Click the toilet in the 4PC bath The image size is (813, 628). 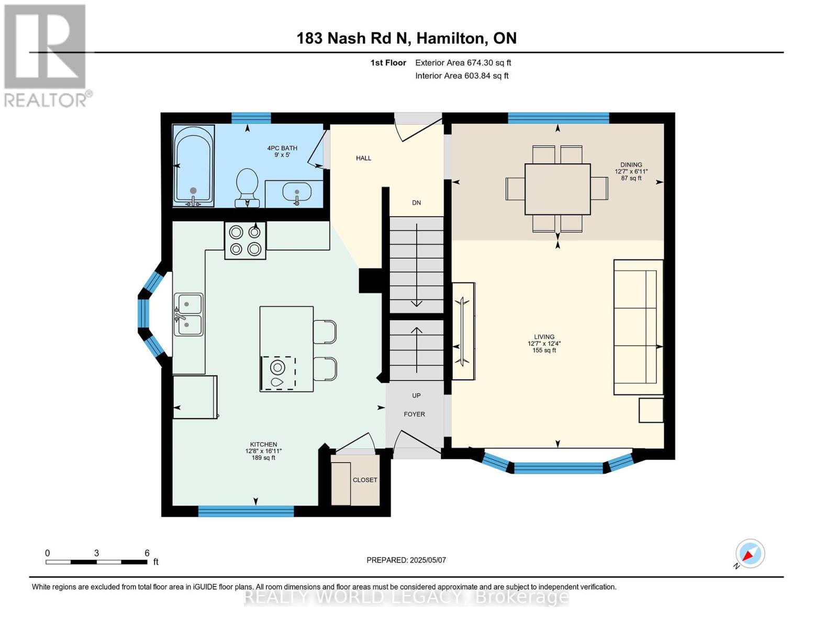[x=247, y=187]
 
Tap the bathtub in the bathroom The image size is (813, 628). [x=193, y=166]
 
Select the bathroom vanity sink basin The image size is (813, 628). [x=297, y=192]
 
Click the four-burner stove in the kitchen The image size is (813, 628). [x=245, y=241]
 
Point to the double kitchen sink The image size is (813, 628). [x=188, y=314]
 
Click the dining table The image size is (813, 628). [x=558, y=189]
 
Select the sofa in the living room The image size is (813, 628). [x=638, y=327]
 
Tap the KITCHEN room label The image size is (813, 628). [x=264, y=444]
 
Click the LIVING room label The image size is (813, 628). [x=544, y=337]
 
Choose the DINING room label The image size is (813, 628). [x=631, y=164]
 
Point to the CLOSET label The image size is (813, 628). [x=365, y=480]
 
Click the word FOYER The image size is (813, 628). [x=414, y=414]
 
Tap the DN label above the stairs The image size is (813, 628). [x=416, y=203]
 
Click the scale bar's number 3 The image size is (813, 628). [x=96, y=553]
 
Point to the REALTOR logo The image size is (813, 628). [x=47, y=56]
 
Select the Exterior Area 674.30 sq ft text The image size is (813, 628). [x=463, y=63]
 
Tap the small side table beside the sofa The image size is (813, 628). [x=651, y=410]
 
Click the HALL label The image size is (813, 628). [x=363, y=158]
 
